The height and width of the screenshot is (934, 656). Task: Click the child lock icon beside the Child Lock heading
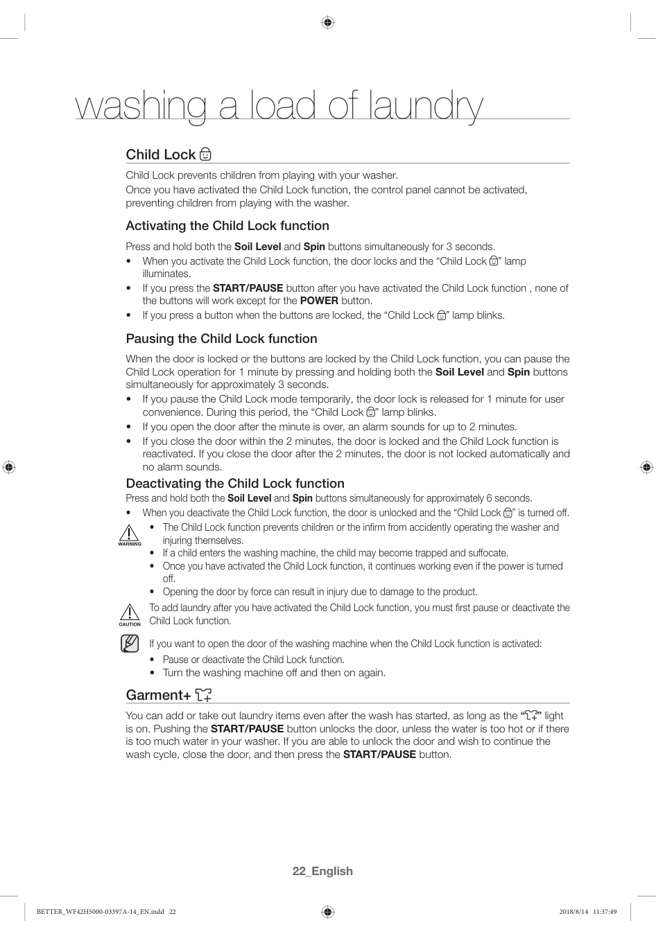(x=205, y=154)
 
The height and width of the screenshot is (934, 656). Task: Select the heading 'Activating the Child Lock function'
(x=227, y=226)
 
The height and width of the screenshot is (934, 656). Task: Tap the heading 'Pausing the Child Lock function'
(x=221, y=339)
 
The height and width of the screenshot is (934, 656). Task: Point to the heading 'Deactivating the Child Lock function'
(x=235, y=484)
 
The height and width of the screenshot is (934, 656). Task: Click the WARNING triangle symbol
(x=129, y=534)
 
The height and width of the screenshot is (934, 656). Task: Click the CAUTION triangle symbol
(x=129, y=613)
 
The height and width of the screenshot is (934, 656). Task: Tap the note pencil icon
(x=130, y=644)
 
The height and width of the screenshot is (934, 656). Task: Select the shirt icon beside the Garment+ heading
(x=203, y=694)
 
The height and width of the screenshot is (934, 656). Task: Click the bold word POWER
(x=319, y=301)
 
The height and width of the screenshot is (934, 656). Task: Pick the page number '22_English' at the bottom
(x=322, y=871)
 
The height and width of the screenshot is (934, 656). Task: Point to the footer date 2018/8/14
(x=573, y=912)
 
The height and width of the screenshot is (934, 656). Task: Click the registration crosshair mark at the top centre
(x=328, y=22)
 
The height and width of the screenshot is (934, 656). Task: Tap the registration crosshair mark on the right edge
(x=646, y=467)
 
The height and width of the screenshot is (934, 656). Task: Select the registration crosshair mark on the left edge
(x=9, y=467)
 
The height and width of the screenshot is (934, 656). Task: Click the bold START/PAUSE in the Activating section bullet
(x=248, y=288)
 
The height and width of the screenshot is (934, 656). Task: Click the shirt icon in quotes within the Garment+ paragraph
(x=532, y=716)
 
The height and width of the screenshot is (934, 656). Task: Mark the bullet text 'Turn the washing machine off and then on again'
(x=274, y=673)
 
